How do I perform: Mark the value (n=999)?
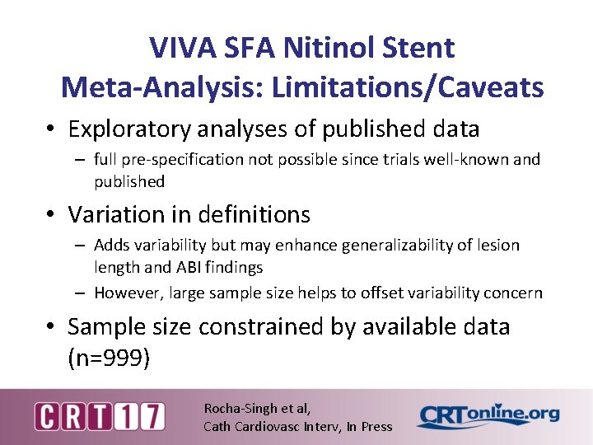(x=108, y=358)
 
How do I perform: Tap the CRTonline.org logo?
(x=488, y=416)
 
